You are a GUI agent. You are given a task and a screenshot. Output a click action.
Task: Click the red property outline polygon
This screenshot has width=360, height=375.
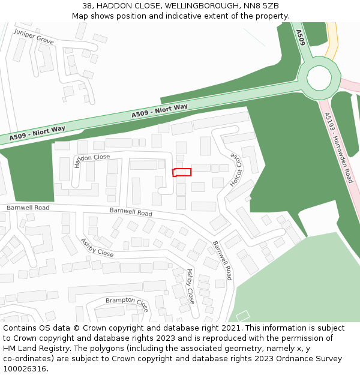(182, 172)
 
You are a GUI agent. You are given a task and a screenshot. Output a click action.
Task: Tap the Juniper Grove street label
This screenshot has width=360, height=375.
(34, 37)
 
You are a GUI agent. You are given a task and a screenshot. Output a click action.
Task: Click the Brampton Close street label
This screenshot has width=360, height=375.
(127, 304)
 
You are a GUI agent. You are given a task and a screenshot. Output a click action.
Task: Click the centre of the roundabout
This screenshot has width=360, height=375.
(319, 78)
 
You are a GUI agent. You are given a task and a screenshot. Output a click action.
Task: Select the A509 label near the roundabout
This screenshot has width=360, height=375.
(301, 38)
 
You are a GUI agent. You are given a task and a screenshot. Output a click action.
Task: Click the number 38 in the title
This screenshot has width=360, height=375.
(88, 5)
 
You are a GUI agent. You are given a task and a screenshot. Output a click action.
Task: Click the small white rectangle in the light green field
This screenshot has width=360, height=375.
(242, 315)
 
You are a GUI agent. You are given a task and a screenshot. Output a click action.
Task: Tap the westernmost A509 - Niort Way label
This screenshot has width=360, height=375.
(37, 133)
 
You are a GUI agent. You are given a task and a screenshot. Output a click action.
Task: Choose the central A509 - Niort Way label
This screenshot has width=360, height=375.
(160, 111)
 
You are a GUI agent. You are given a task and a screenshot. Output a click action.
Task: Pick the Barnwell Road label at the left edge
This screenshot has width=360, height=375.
(28, 208)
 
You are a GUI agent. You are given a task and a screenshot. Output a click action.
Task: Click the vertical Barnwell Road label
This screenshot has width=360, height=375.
(222, 260)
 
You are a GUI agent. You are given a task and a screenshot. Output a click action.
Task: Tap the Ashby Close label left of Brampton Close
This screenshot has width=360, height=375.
(97, 247)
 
